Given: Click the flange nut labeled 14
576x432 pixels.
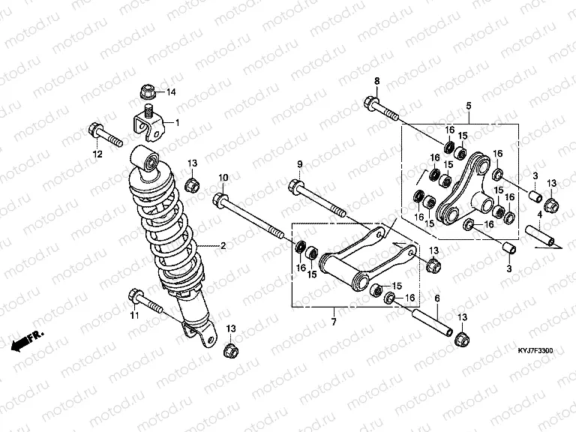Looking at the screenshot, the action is (x=148, y=91).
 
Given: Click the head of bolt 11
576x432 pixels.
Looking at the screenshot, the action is (x=135, y=296).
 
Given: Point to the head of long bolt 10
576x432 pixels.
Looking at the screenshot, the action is (x=220, y=200).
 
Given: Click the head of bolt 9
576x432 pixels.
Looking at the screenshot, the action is (x=296, y=184).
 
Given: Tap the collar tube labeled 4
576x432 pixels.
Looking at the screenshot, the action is (x=540, y=235).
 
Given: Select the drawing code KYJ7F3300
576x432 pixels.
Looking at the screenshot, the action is (x=535, y=351).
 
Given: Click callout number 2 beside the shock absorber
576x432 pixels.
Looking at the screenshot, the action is (x=223, y=246).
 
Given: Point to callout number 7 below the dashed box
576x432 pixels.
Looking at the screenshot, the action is (x=334, y=322).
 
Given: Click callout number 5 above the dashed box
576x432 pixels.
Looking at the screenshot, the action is (x=469, y=106).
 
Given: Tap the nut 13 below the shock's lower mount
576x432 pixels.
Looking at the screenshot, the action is (x=231, y=350).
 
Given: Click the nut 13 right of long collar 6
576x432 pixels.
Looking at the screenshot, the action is (x=462, y=339).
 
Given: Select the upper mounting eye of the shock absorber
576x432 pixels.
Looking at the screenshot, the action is (x=145, y=158).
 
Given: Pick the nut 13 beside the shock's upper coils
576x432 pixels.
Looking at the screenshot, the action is (x=193, y=184).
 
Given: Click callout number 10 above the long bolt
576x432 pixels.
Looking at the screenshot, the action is (x=223, y=178).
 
